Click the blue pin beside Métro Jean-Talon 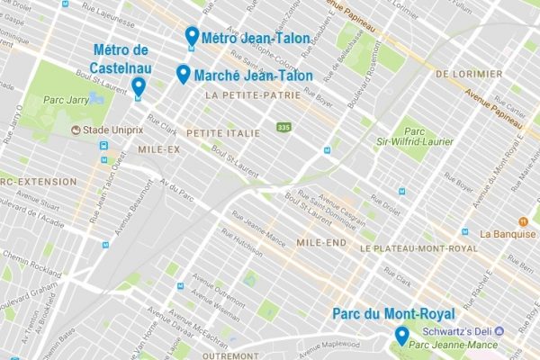[x=191, y=36]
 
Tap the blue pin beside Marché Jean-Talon [x=184, y=74]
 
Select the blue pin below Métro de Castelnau [x=138, y=86]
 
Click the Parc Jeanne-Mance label [x=454, y=344]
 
